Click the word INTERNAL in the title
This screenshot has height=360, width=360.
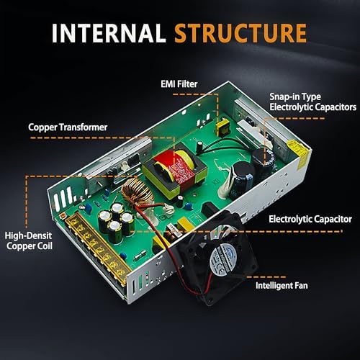109,33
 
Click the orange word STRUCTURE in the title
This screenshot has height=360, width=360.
240,33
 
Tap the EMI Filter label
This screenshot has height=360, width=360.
179,84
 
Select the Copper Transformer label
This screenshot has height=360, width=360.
68,127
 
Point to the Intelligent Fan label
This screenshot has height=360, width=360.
282,286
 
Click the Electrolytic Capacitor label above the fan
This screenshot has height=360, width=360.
310,219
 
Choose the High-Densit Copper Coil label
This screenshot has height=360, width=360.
28,240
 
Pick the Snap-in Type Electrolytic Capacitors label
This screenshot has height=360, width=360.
312,102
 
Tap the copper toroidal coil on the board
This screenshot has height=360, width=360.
137,193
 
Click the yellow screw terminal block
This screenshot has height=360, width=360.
95,248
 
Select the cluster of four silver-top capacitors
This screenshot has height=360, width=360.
116,222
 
